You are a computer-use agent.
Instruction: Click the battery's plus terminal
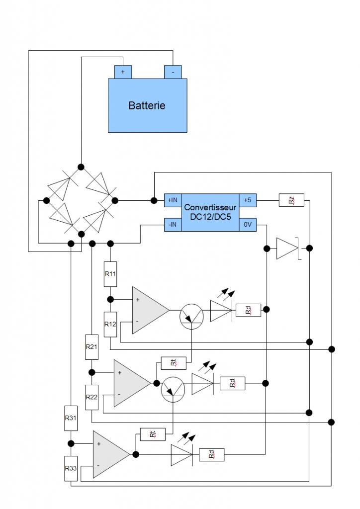click(122, 72)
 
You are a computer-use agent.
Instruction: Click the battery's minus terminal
click(173, 72)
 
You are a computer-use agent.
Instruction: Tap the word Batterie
click(147, 105)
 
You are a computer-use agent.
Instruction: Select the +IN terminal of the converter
click(173, 200)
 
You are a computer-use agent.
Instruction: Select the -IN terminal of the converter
click(173, 225)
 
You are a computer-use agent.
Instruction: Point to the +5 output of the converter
click(248, 200)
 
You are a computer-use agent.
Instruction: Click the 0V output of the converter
click(248, 225)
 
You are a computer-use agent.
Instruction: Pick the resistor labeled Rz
click(291, 200)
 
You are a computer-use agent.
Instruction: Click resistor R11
click(110, 273)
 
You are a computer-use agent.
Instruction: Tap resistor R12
click(110, 324)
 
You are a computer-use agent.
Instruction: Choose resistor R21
click(91, 347)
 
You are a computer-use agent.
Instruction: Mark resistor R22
click(91, 397)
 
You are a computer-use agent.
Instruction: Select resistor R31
click(71, 418)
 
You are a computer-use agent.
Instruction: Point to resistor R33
click(71, 468)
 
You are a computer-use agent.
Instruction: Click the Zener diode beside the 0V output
click(287, 248)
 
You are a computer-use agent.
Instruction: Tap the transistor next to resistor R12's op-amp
click(191, 315)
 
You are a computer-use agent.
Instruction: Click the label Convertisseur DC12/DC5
click(210, 212)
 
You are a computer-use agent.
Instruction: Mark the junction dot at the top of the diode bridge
click(81, 167)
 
